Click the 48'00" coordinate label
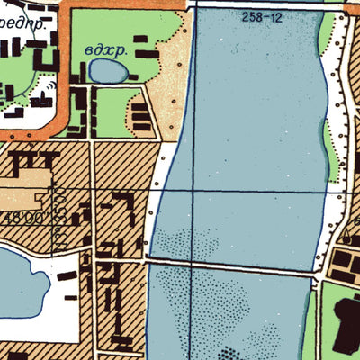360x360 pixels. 27,216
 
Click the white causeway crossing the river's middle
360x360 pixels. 232,264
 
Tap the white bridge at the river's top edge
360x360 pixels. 261,4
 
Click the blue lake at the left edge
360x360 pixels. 13,288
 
